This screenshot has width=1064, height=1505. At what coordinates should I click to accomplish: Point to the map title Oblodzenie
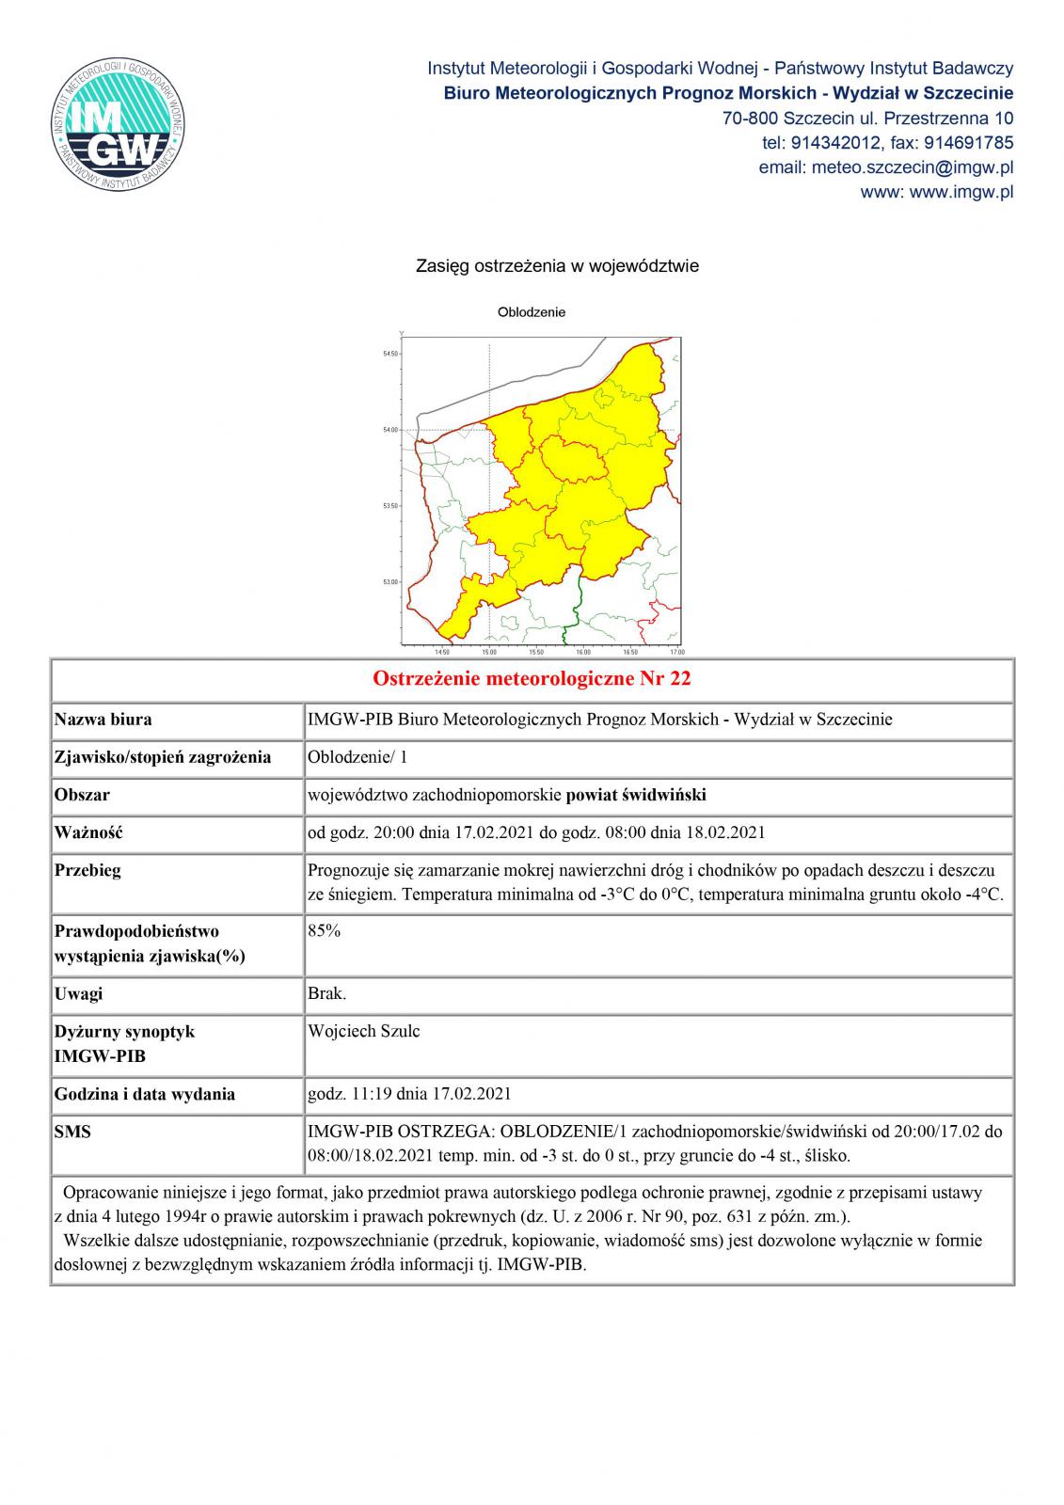(x=532, y=312)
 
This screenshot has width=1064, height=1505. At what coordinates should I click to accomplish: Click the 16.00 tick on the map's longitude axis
(x=582, y=651)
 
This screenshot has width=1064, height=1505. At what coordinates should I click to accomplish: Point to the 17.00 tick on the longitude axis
(x=676, y=651)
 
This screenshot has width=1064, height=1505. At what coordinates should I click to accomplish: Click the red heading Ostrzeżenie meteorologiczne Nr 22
(x=532, y=679)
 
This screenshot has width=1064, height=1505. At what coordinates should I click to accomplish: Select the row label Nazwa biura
(x=103, y=720)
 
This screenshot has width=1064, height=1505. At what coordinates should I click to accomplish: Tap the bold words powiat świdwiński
(x=636, y=795)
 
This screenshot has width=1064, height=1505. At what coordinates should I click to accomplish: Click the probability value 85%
(x=325, y=931)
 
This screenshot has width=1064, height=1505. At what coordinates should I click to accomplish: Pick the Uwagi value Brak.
(x=327, y=993)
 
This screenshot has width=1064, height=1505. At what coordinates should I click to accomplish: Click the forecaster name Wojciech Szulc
(x=364, y=1031)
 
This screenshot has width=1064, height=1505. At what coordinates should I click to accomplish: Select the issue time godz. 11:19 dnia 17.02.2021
(x=410, y=1094)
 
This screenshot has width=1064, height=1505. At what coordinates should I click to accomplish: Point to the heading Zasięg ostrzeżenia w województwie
(x=557, y=266)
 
